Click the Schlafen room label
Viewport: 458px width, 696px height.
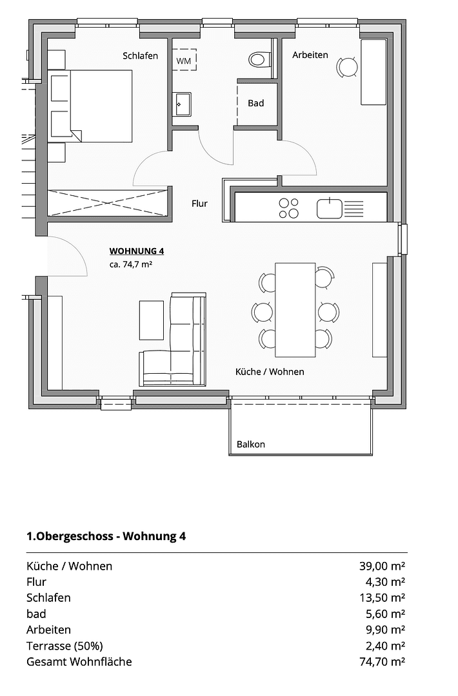[140, 56]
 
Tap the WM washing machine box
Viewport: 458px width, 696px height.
[184, 60]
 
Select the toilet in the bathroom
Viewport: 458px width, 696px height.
[257, 59]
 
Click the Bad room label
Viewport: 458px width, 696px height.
[256, 103]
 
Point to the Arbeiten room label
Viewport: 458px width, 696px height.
[310, 55]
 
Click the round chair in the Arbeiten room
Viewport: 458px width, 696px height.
[348, 66]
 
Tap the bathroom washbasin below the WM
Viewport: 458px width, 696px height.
[182, 103]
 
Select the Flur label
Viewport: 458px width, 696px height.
[199, 204]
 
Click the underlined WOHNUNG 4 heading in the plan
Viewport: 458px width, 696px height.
[136, 251]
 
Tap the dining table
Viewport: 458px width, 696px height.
[295, 309]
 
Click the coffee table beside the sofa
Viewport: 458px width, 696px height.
[152, 320]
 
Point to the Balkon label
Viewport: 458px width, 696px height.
[250, 444]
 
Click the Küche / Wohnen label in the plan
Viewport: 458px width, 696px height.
[269, 372]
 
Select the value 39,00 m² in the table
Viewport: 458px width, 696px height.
[382, 566]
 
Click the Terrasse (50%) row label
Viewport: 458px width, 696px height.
[65, 646]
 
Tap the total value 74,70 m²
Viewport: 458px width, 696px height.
[382, 662]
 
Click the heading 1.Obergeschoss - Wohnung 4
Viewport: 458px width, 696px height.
[106, 536]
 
